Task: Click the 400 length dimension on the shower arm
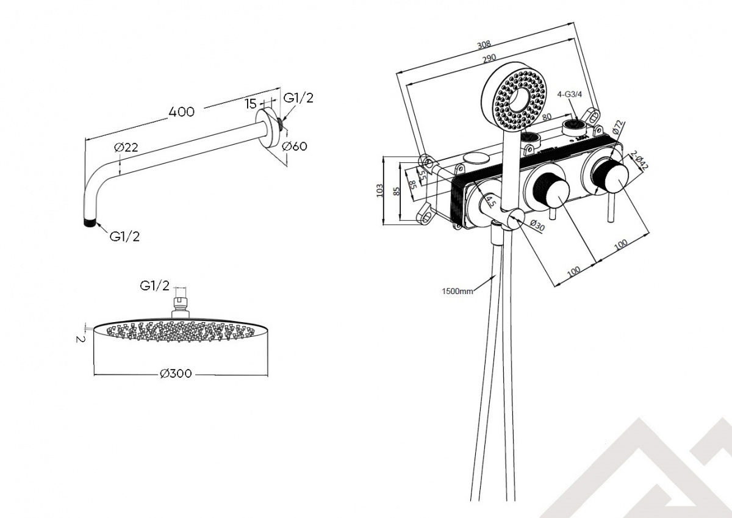tap(181, 112)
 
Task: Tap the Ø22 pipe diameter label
tap(126, 148)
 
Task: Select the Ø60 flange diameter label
tap(295, 146)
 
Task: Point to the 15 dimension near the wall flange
tap(251, 104)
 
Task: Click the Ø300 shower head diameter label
tap(176, 373)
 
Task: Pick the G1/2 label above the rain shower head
tap(154, 286)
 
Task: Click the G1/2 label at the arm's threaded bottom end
tap(124, 237)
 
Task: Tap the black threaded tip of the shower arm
tap(90, 223)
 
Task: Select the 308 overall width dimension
tap(484, 45)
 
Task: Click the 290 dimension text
tap(489, 58)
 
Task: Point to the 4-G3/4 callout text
tap(570, 95)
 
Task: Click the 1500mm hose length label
tap(457, 291)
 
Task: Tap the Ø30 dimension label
tap(537, 225)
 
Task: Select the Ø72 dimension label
tap(618, 127)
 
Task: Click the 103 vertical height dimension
tap(379, 190)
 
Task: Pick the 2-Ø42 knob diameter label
tap(639, 160)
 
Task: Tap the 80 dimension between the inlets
tap(547, 117)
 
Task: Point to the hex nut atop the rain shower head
tap(181, 301)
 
